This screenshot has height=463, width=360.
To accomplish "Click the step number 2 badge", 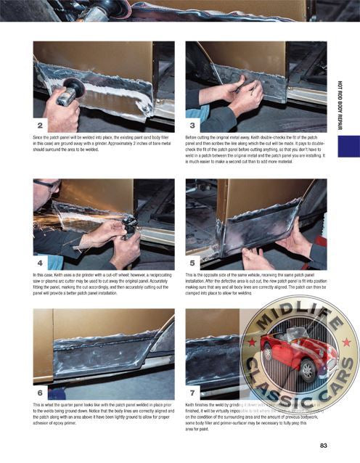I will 41,125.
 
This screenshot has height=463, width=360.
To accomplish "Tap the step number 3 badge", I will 194,125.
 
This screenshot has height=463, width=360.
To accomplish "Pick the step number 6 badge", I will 41,392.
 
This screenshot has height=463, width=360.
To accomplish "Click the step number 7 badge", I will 194,392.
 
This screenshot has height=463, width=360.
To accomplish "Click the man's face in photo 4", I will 45,194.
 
